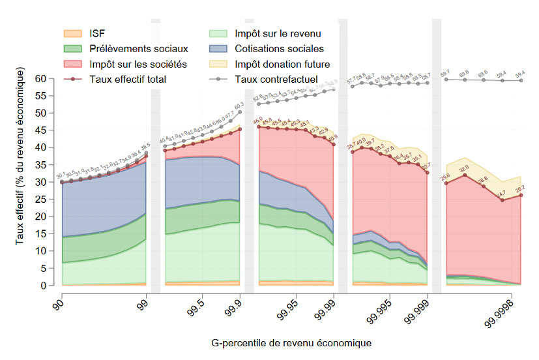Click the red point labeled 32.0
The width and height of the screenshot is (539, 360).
(465, 175)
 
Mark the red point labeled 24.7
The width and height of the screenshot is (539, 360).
(502, 200)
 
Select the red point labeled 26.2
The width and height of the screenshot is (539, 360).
(521, 195)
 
